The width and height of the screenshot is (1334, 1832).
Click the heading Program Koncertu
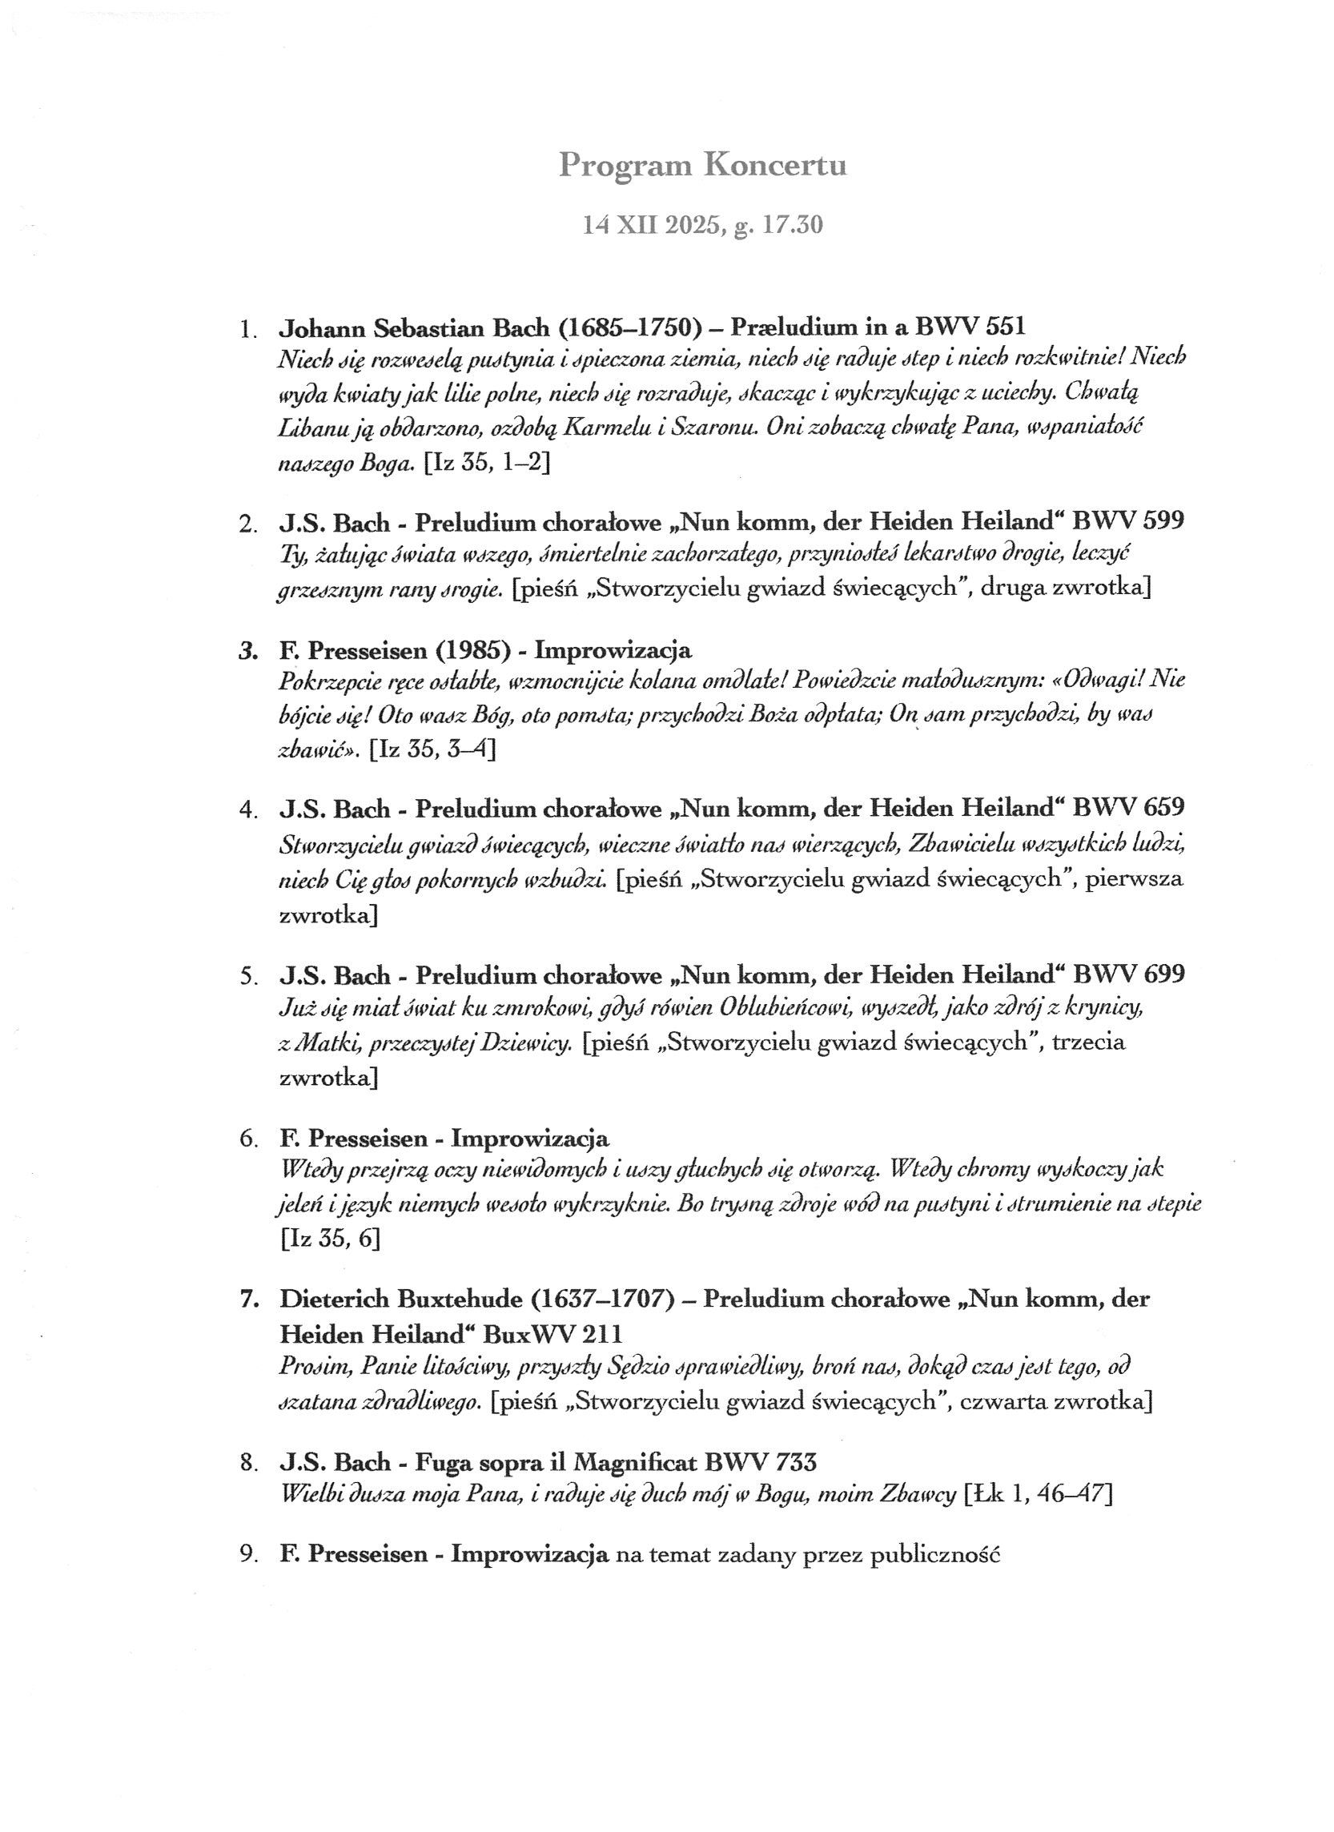(702, 166)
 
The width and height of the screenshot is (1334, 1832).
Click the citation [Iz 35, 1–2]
(488, 464)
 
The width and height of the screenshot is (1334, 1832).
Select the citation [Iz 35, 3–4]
(432, 749)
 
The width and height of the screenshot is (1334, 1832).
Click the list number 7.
(249, 1300)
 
